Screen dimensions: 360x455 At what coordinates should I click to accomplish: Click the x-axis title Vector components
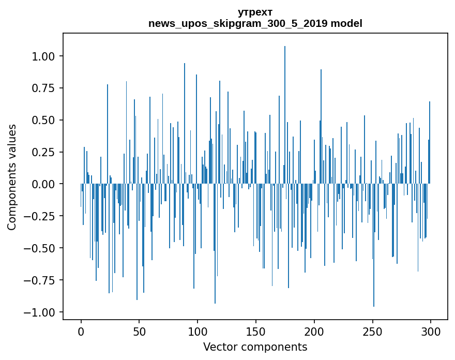(x=255, y=347)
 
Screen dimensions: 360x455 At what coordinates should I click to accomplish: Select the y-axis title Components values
(x=12, y=177)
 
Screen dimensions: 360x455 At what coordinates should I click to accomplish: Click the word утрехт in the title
(x=255, y=12)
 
